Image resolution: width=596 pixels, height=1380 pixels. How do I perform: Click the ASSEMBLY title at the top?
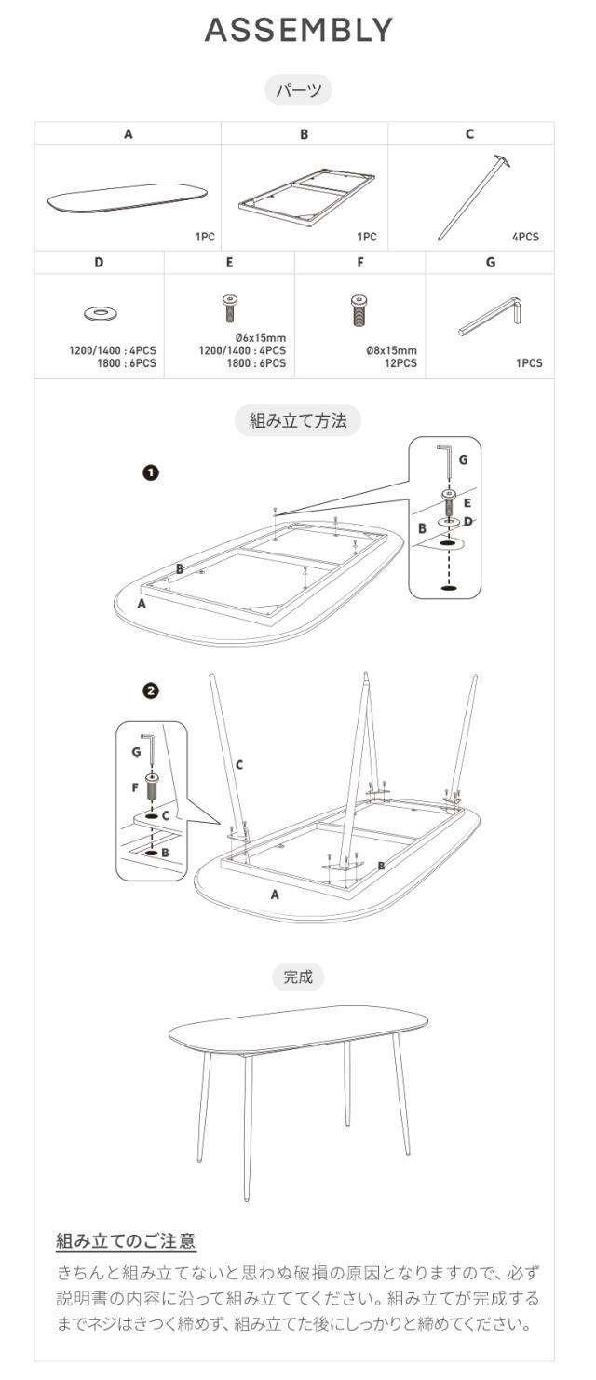(299, 30)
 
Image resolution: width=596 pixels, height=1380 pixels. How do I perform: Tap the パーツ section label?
(299, 90)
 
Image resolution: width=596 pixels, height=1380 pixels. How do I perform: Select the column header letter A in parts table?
(129, 133)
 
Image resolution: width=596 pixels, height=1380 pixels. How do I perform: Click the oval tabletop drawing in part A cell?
(127, 198)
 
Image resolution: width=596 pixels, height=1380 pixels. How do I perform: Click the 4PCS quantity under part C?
(525, 237)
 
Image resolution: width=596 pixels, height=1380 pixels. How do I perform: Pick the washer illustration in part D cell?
(101, 314)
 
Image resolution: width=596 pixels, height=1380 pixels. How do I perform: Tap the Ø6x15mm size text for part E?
(261, 337)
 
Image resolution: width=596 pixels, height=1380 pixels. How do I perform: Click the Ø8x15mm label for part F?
(391, 350)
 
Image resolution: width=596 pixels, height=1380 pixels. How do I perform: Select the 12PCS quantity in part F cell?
(400, 363)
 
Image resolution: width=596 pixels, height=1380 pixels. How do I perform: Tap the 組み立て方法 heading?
(298, 421)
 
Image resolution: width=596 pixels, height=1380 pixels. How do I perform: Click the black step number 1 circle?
(151, 473)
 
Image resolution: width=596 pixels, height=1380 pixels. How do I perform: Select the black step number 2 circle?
(151, 690)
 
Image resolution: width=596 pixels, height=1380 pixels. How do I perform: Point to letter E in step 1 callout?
(467, 503)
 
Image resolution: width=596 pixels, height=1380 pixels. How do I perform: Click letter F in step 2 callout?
(135, 787)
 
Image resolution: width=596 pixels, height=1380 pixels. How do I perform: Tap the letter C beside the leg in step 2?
(239, 765)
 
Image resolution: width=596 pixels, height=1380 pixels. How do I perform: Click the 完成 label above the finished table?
(298, 977)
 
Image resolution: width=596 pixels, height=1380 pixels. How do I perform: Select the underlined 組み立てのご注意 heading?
(126, 1240)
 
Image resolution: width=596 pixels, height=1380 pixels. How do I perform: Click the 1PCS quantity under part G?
(529, 363)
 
